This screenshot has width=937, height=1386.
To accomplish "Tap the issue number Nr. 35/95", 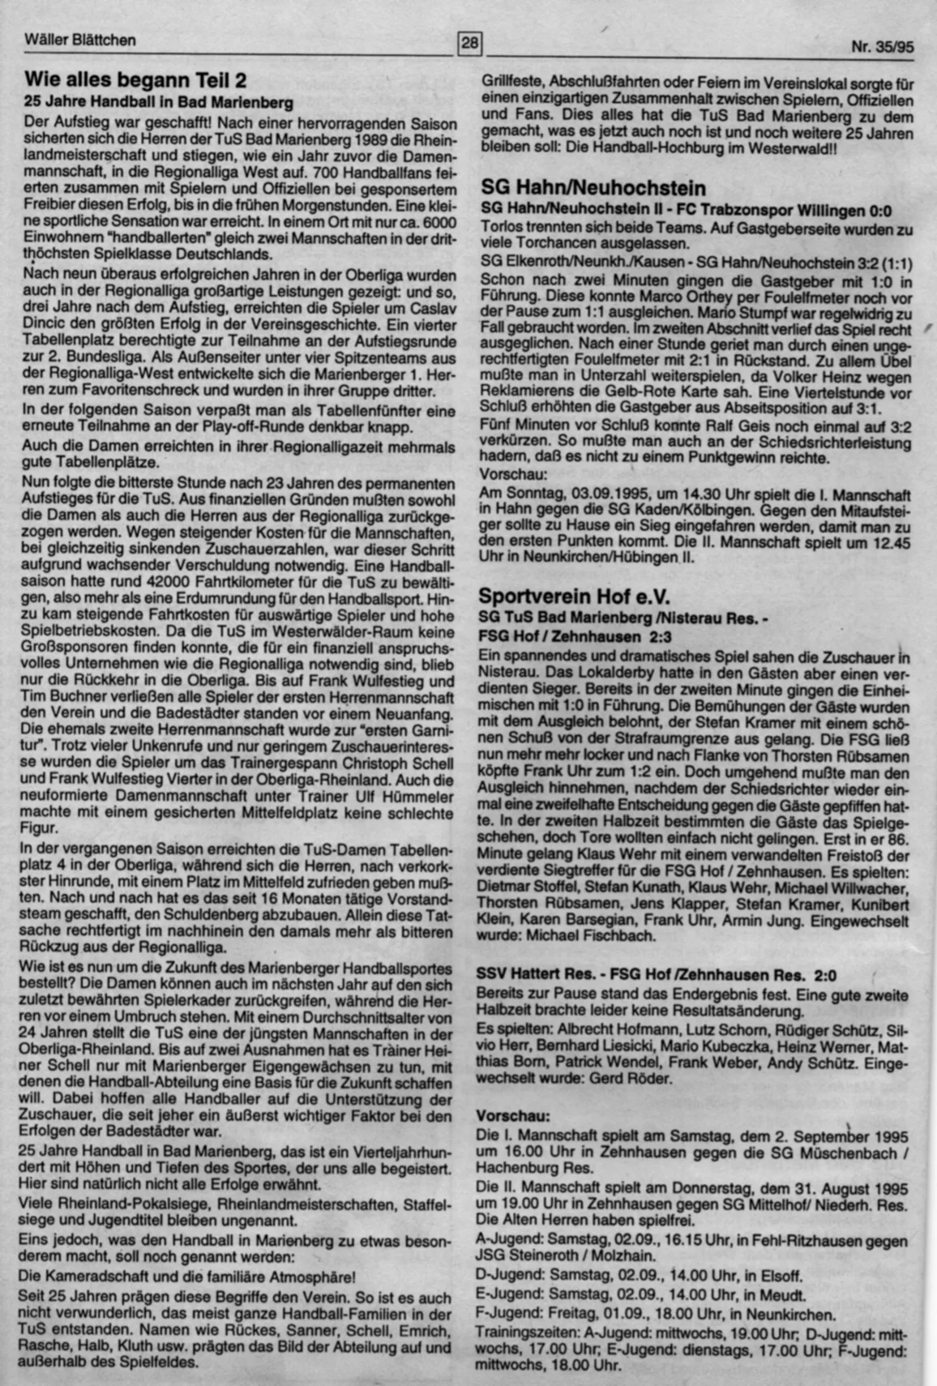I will coord(882,47).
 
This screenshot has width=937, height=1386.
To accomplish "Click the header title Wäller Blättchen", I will coord(80,40).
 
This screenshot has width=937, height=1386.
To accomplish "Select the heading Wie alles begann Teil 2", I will coord(135,80).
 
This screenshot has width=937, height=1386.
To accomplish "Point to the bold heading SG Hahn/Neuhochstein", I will coord(593,188).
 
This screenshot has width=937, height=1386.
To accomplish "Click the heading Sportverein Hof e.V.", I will coord(574,597).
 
